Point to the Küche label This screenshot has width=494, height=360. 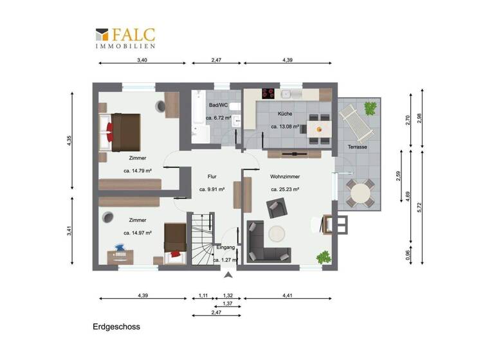tap(284, 113)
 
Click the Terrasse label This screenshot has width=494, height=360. tap(358, 147)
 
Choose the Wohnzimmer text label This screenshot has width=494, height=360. tap(285, 176)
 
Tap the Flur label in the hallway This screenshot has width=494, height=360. tap(212, 176)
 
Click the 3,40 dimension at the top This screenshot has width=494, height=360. tap(142, 60)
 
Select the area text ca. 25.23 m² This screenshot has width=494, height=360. tap(286, 190)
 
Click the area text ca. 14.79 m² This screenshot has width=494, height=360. tap(137, 171)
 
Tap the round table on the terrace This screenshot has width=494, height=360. tap(360, 192)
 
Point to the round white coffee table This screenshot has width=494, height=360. tap(279, 233)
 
